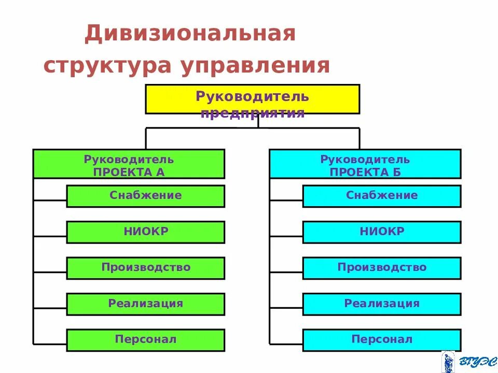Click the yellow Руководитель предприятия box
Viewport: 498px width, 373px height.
pyautogui.click(x=252, y=99)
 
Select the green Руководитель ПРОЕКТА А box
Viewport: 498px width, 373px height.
pyautogui.click(x=129, y=164)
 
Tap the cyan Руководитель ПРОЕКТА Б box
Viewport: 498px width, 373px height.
pyautogui.click(x=365, y=164)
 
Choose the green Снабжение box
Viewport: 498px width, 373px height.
pyautogui.click(x=145, y=196)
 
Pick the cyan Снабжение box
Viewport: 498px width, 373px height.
pyautogui.click(x=382, y=196)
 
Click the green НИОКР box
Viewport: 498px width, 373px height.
pyautogui.click(x=145, y=232)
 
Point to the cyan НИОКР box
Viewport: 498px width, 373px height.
pyautogui.click(x=382, y=232)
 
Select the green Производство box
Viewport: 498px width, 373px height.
pyautogui.click(x=145, y=268)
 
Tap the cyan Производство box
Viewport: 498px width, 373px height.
pyautogui.click(x=382, y=268)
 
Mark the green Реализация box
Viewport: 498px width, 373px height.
pyautogui.click(x=145, y=304)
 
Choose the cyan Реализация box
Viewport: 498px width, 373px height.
pyautogui.click(x=382, y=304)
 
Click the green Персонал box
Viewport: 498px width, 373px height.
pyautogui.click(x=145, y=340)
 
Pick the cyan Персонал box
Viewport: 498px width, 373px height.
pyautogui.click(x=382, y=340)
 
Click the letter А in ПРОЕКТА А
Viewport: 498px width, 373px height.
pyautogui.click(x=160, y=173)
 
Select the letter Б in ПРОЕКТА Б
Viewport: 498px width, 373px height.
pyautogui.click(x=396, y=173)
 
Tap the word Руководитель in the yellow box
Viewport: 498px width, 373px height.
pyautogui.click(x=252, y=96)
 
